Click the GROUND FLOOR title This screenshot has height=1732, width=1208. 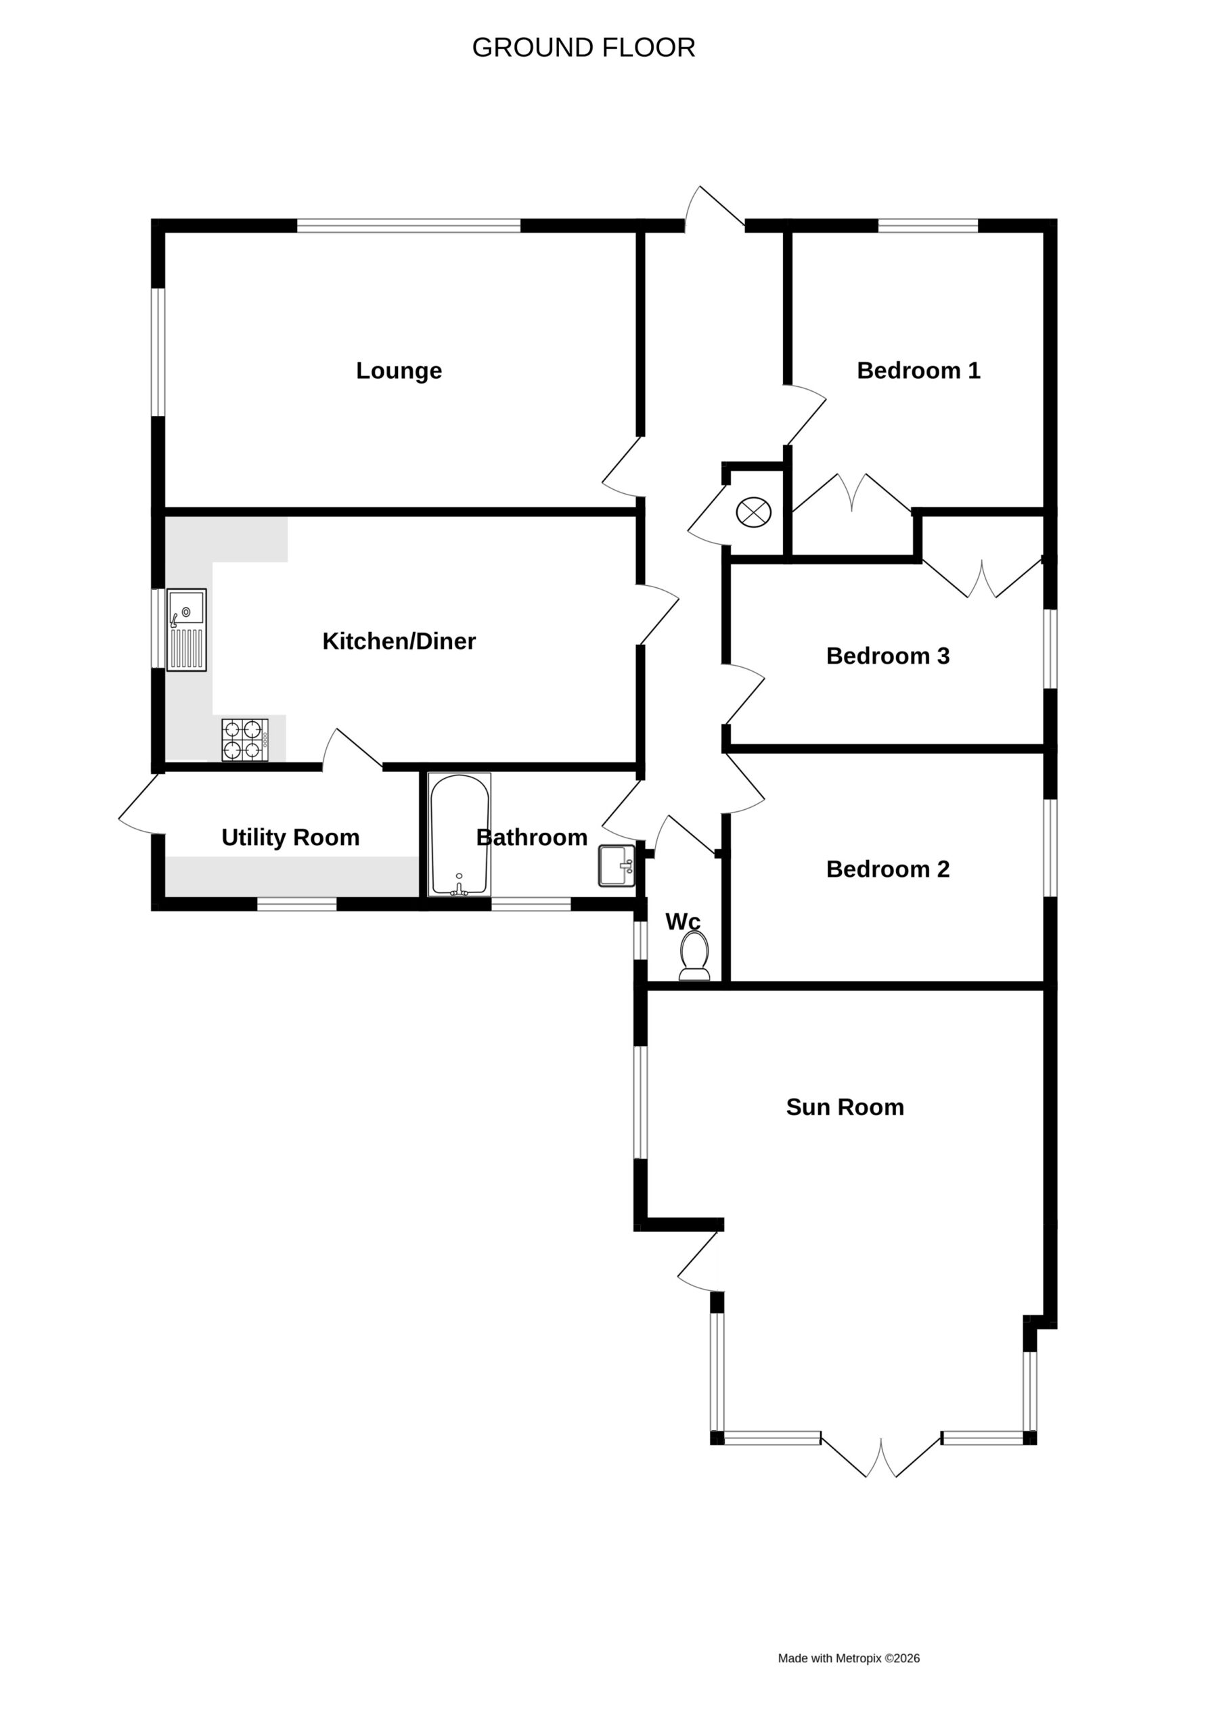point(583,47)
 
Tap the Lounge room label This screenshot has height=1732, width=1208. point(399,370)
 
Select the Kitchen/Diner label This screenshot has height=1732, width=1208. point(399,641)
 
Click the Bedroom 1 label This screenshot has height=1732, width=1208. point(918,370)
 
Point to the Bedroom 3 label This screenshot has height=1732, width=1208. point(887,656)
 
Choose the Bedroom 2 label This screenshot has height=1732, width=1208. point(887,869)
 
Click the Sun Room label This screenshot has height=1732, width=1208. point(845,1107)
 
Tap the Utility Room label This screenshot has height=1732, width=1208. point(290,838)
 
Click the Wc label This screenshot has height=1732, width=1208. point(683,921)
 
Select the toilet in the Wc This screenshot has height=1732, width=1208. point(694,956)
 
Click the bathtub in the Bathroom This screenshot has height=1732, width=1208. point(459,834)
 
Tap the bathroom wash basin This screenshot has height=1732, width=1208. point(617,865)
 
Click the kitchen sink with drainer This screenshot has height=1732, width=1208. point(186,630)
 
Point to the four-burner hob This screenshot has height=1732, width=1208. point(244,740)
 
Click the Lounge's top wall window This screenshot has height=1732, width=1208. point(408,225)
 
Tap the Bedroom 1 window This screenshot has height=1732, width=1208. point(928,225)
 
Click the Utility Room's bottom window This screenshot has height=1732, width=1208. point(296,905)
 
